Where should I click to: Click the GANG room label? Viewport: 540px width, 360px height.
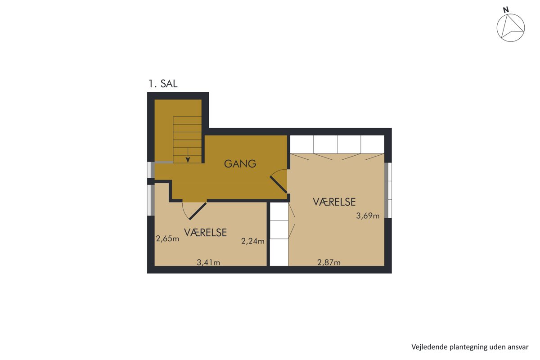pyautogui.click(x=240, y=164)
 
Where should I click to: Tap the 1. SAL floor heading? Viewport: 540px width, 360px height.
pyautogui.click(x=163, y=84)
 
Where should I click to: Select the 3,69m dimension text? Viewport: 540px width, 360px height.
pyautogui.click(x=368, y=216)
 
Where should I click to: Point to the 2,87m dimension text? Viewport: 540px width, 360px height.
pyautogui.click(x=329, y=262)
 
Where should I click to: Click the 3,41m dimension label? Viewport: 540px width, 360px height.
pyautogui.click(x=208, y=262)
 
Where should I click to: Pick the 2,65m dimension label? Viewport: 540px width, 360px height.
pyautogui.click(x=167, y=238)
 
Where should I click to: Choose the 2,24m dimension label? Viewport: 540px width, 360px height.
pyautogui.click(x=252, y=241)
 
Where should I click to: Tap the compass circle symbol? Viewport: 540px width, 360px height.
pyautogui.click(x=511, y=28)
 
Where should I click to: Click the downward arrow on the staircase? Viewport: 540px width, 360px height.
pyautogui.click(x=188, y=155)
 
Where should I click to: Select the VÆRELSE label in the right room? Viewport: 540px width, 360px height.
pyautogui.click(x=334, y=202)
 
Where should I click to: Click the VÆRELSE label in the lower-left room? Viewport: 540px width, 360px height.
pyautogui.click(x=205, y=233)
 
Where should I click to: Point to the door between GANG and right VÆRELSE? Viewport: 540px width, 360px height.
pyautogui.click(x=279, y=184)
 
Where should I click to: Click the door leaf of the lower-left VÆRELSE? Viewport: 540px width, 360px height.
pyautogui.click(x=198, y=211)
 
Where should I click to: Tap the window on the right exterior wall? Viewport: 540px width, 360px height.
pyautogui.click(x=388, y=190)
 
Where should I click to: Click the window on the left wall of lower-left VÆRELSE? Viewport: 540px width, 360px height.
pyautogui.click(x=151, y=200)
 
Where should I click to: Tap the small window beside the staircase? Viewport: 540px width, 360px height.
pyautogui.click(x=151, y=170)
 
